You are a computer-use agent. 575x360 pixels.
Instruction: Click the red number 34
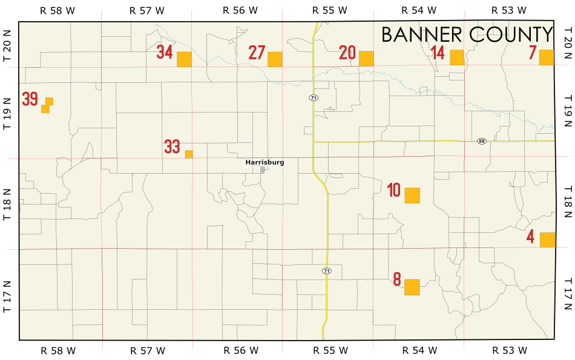(165, 52)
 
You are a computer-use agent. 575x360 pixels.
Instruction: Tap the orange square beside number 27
(275, 59)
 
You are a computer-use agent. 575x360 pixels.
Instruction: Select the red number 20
(347, 53)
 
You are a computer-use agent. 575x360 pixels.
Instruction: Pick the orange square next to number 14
(457, 57)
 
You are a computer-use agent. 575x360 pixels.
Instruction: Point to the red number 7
(533, 53)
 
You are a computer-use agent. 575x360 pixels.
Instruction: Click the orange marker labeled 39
(47, 105)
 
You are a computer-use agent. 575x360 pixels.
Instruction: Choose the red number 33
(172, 146)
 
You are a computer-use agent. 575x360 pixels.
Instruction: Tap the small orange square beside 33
(189, 154)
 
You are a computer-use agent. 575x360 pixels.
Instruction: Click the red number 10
(394, 191)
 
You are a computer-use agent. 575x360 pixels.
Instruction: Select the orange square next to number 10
(412, 195)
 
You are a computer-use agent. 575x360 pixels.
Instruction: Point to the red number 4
(530, 237)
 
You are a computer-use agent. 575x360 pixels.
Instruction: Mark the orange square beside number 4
(547, 240)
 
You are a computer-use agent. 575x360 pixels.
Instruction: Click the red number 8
(397, 280)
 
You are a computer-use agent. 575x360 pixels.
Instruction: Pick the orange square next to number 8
(412, 287)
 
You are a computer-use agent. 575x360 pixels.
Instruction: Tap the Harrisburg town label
(264, 162)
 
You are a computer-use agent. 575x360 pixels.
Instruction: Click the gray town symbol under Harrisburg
(263, 170)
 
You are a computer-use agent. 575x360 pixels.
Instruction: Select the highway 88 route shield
(482, 141)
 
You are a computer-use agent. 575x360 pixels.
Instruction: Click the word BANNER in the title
(417, 35)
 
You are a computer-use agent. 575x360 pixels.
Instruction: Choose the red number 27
(257, 53)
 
